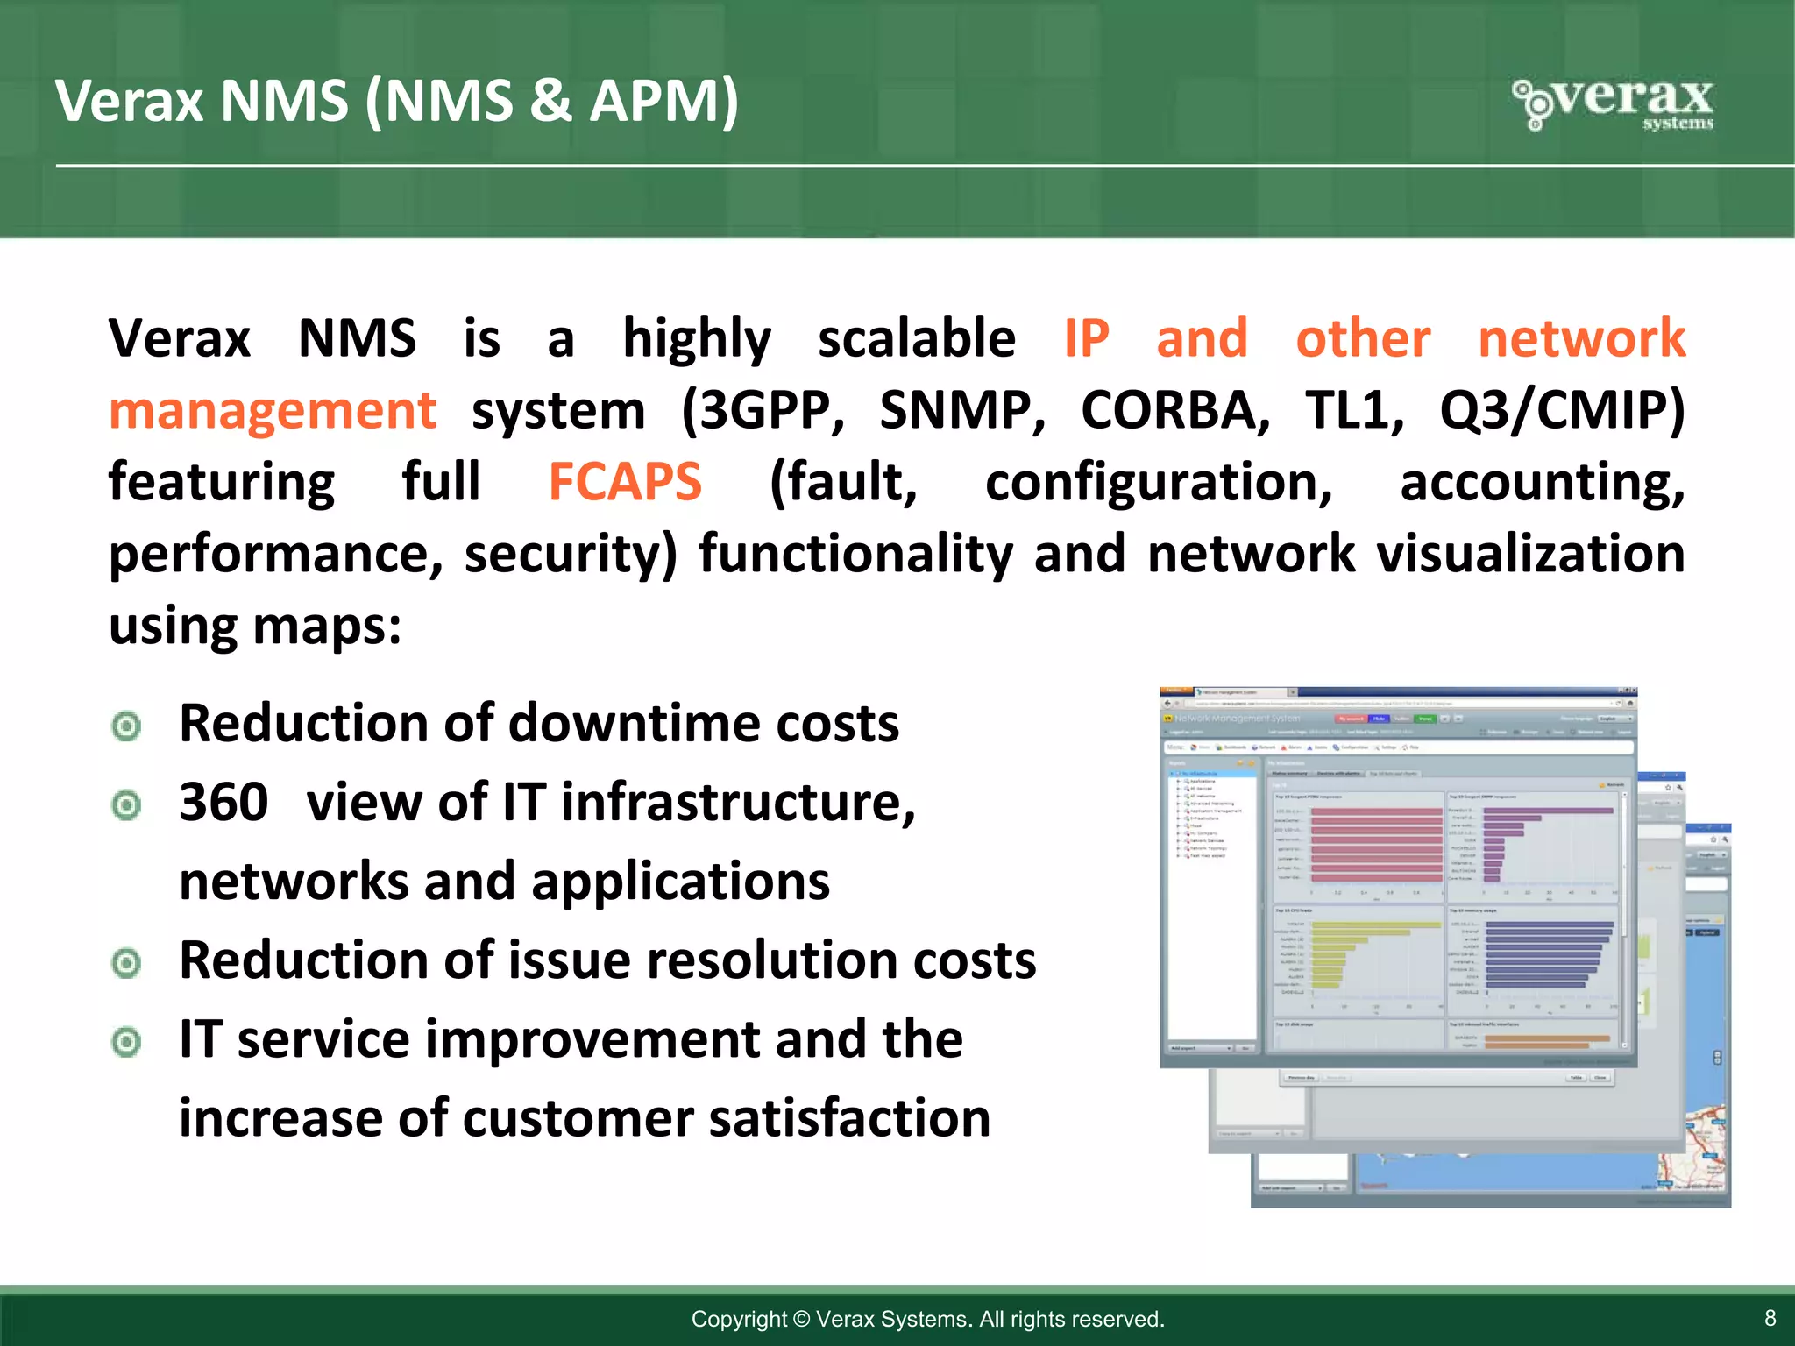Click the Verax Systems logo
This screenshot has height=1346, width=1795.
(1613, 103)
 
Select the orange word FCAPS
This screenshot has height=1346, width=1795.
(625, 482)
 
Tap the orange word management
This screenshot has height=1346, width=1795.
(273, 411)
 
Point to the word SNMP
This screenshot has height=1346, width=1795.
(961, 410)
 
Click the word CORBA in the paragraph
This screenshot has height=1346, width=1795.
(1174, 410)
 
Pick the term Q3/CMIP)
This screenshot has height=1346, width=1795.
(1562, 410)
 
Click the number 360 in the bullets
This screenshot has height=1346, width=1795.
(223, 802)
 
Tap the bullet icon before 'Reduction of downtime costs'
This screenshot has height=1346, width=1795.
(127, 726)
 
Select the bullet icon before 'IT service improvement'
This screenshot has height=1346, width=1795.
(127, 1042)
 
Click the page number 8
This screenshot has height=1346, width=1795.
(1770, 1318)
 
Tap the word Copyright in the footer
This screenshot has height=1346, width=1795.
(739, 1319)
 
